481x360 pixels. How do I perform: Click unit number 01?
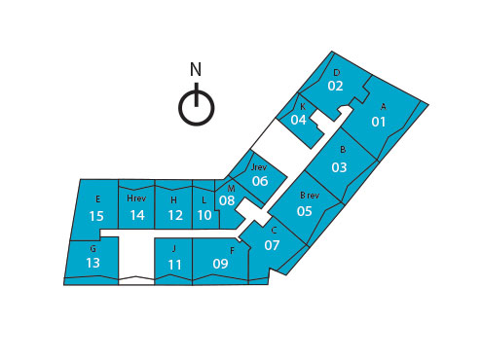point(379,122)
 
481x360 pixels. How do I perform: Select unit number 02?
point(335,86)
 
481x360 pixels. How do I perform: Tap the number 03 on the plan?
point(339,166)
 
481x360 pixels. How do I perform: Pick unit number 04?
point(299,120)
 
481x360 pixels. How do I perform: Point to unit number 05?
point(304,210)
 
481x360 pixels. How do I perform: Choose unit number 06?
point(260,181)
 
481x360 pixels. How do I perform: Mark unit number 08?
point(227,201)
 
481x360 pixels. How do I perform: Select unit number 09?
point(220,264)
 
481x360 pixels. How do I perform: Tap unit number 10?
point(204,215)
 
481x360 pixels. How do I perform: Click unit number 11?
point(175,264)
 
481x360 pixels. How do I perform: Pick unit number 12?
point(175,215)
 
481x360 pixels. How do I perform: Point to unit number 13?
point(93,263)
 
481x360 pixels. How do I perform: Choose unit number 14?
point(136,215)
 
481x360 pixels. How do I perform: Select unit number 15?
point(96,215)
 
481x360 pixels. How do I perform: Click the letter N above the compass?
point(196,70)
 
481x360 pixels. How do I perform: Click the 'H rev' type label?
point(136,198)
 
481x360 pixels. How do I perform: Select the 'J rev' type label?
point(259,166)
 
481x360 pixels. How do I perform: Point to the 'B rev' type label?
point(309,195)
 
